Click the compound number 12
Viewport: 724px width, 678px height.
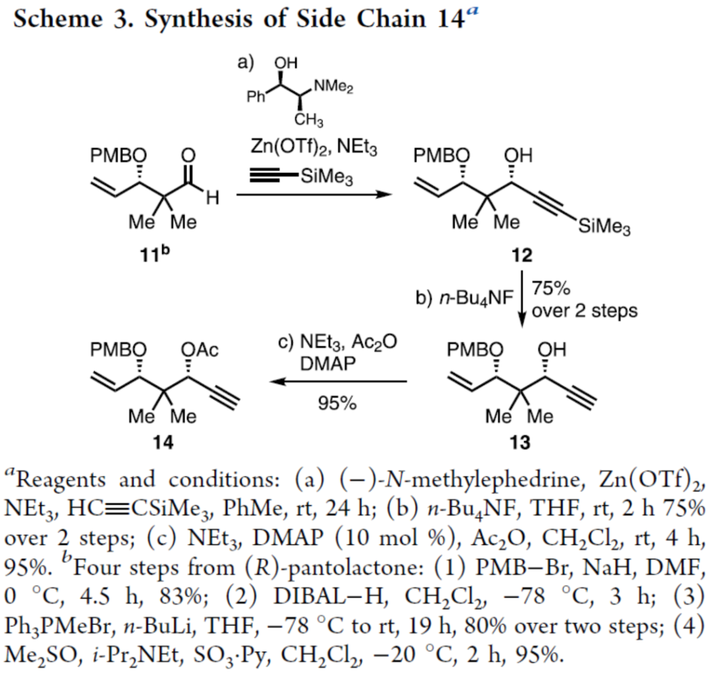[x=521, y=256]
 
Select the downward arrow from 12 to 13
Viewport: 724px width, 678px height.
[x=522, y=296]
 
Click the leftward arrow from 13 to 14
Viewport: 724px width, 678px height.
[x=339, y=382]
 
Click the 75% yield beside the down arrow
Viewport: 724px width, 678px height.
[x=550, y=289]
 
